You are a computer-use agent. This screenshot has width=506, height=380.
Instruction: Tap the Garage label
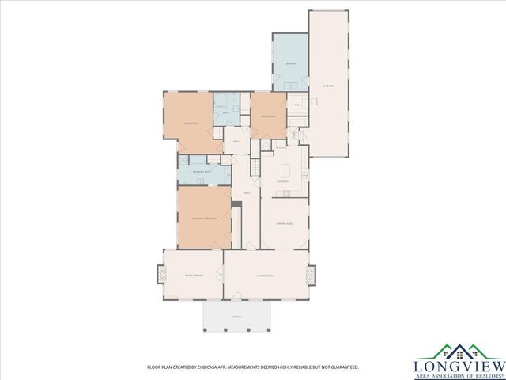(x=327, y=85)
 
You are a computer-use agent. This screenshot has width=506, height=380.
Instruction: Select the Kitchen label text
(x=282, y=181)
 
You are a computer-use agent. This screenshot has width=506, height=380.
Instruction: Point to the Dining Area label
(x=285, y=224)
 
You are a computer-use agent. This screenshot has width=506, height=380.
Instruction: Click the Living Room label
(x=265, y=275)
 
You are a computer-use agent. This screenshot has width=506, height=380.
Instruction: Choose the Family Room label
(x=194, y=275)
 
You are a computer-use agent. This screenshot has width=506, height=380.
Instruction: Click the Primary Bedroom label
(x=204, y=218)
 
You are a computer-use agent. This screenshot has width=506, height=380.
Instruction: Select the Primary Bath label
(x=201, y=171)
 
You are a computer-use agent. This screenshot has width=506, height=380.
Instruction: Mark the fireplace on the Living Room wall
(x=311, y=275)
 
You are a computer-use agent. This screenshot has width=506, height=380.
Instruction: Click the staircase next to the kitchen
(x=255, y=167)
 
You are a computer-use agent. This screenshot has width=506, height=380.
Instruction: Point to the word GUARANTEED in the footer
(x=343, y=367)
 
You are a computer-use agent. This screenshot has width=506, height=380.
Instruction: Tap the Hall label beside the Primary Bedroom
(x=247, y=192)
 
